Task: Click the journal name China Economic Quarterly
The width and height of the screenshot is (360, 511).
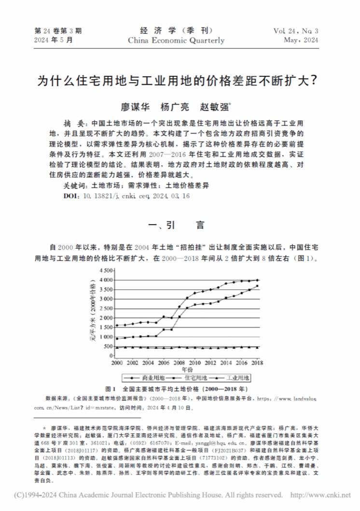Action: [176, 41]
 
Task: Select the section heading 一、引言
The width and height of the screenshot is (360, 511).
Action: [180, 225]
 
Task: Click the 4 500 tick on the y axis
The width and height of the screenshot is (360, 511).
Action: [106, 270]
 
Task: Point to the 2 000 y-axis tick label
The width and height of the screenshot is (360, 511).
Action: [106, 318]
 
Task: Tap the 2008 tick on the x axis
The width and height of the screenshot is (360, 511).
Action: [180, 362]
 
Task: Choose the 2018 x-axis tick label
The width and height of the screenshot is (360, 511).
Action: [257, 362]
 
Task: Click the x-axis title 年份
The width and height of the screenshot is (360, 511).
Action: [187, 369]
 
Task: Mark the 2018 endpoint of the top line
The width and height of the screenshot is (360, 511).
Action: [257, 280]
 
